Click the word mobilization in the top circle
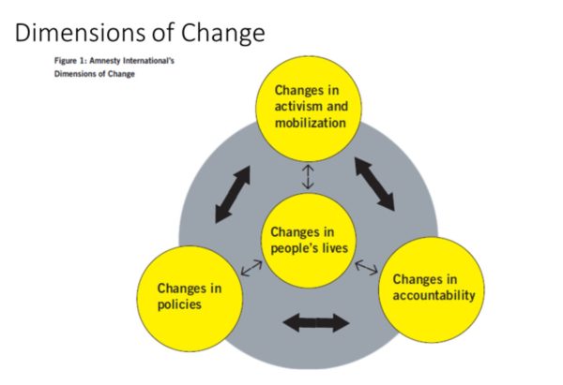[310, 122]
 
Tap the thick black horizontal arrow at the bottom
[314, 323]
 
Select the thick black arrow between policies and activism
[233, 195]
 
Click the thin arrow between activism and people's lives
[308, 176]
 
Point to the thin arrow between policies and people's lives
[251, 267]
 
